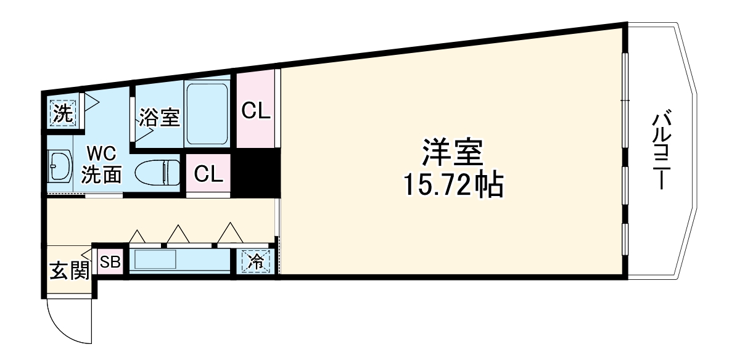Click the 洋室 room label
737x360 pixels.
click(x=451, y=152)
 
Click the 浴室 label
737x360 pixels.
click(x=159, y=117)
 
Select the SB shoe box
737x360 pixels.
click(x=110, y=262)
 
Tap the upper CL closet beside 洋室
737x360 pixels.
click(x=255, y=111)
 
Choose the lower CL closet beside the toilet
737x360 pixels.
click(x=208, y=174)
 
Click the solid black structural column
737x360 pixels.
click(x=255, y=174)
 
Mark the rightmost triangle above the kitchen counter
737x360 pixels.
click(x=229, y=232)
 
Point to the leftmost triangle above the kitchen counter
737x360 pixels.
click(x=137, y=236)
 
